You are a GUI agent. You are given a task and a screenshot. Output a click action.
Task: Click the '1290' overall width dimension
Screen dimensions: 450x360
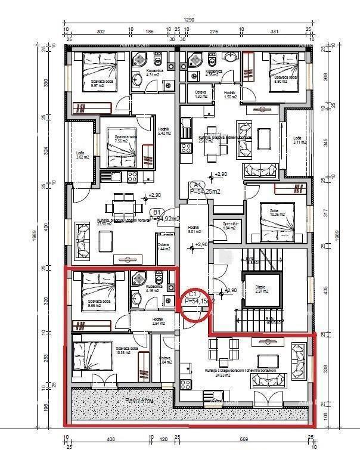(189, 20)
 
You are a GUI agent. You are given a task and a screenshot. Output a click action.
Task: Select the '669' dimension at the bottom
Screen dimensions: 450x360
(259, 439)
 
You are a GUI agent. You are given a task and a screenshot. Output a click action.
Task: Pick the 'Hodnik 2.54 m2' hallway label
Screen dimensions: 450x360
(157, 322)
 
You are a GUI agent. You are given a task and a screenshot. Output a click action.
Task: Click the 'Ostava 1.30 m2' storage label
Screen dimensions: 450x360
(201, 94)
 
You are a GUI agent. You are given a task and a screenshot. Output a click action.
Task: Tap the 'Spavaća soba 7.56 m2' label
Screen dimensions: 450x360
(126, 139)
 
